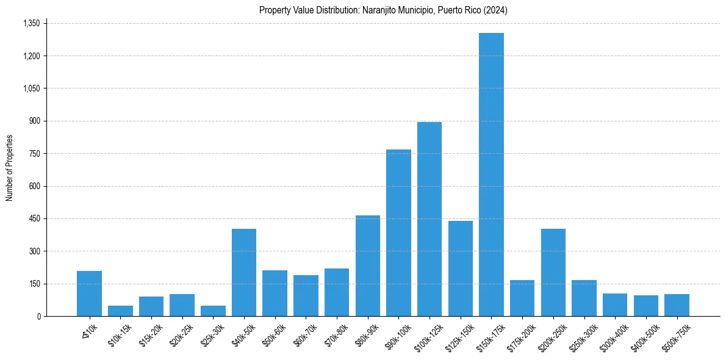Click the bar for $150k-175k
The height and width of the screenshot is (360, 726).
[x=491, y=175]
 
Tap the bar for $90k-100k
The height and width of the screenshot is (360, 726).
[x=398, y=232]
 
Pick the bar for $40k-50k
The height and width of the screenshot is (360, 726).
[x=244, y=272]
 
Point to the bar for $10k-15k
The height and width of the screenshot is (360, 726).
[x=120, y=311]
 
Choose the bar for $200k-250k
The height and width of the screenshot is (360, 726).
[x=553, y=272]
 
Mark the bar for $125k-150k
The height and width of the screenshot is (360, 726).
[x=461, y=268]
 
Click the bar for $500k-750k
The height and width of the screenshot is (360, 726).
[x=677, y=305]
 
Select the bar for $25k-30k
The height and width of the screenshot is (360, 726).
[x=213, y=311]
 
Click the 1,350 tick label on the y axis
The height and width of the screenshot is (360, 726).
[x=31, y=23]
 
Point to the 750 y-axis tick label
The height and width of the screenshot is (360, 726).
[x=35, y=154]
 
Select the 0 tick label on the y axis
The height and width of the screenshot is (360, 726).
[x=38, y=316]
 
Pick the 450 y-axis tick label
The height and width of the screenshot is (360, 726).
[x=35, y=218]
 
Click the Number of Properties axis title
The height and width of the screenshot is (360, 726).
[x=10, y=168]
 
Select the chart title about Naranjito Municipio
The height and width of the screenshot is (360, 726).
[x=383, y=10]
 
